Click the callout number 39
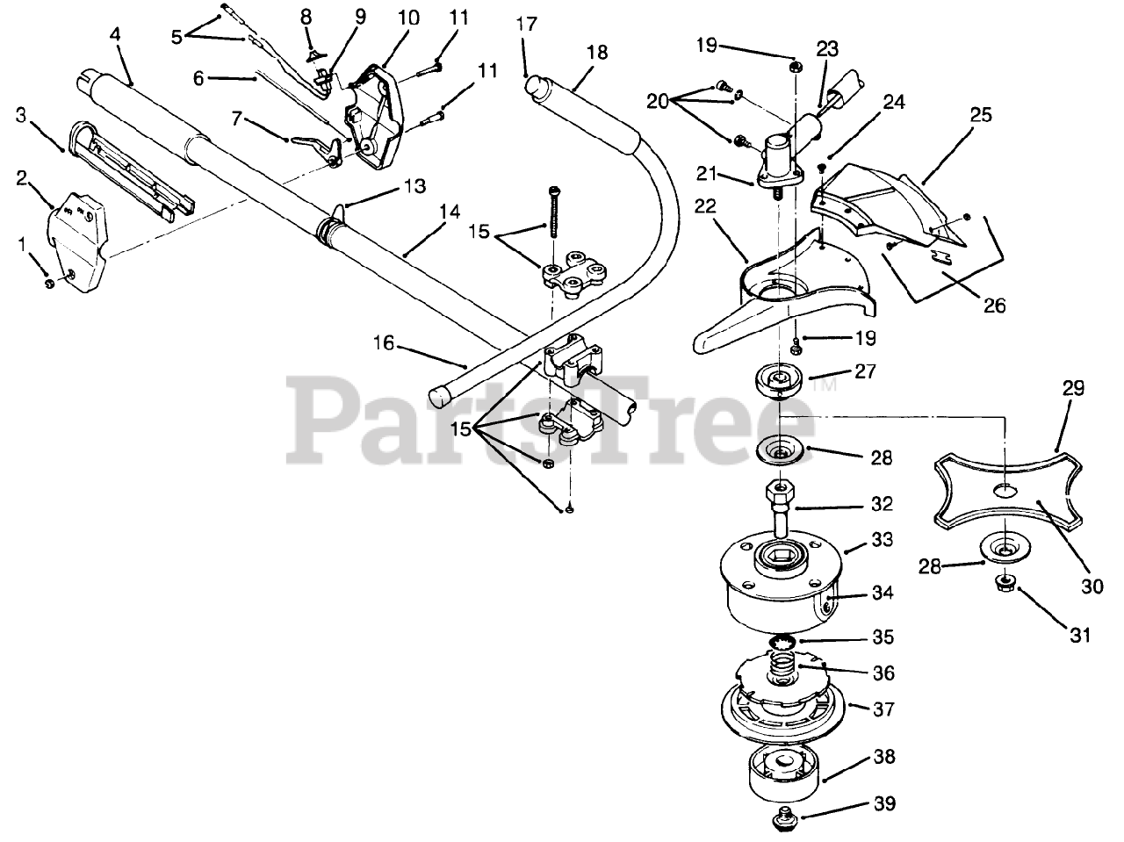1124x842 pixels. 885,803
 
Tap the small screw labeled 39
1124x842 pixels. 778,822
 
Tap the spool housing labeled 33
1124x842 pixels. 777,588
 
